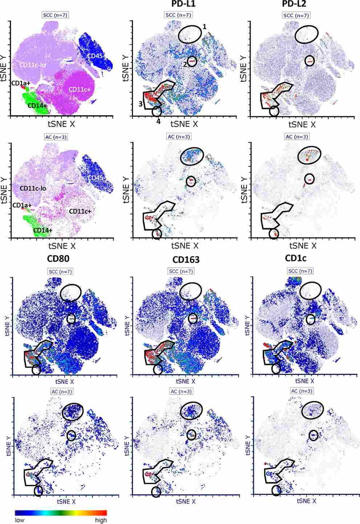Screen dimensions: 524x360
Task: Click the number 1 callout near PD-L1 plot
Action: tap(205, 27)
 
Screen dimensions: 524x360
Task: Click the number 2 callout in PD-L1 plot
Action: tap(185, 64)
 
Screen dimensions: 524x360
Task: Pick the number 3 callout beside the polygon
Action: tap(140, 104)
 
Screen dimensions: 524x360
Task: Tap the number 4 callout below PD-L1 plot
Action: tap(158, 121)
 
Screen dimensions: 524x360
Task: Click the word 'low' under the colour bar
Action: tap(20, 520)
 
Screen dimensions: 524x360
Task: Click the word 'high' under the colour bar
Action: tap(101, 520)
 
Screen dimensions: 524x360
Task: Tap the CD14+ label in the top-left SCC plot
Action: tap(37, 105)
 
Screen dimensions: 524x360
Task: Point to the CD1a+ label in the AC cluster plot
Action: tap(21, 205)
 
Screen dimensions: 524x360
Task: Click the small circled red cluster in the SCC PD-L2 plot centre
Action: tap(310, 62)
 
